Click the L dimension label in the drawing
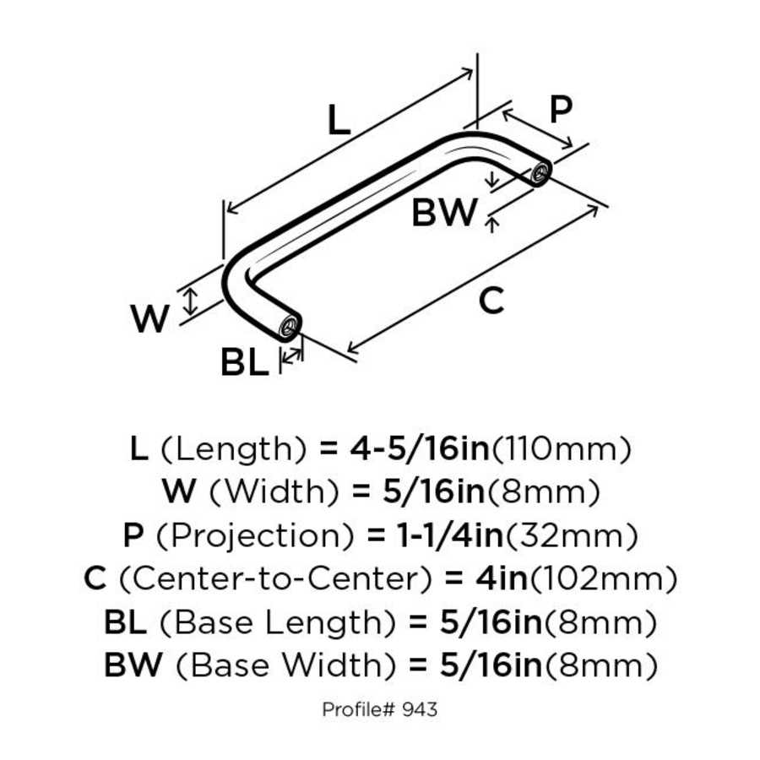point(338,122)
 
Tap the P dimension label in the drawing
point(560,109)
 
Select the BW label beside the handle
point(444,214)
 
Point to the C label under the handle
point(491,301)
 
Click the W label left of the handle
point(150,318)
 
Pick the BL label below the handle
point(244,363)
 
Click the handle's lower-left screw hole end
point(290,324)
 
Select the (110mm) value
point(561,448)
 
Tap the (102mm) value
point(605,579)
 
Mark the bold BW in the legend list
point(132,666)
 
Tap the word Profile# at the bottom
point(358,709)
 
